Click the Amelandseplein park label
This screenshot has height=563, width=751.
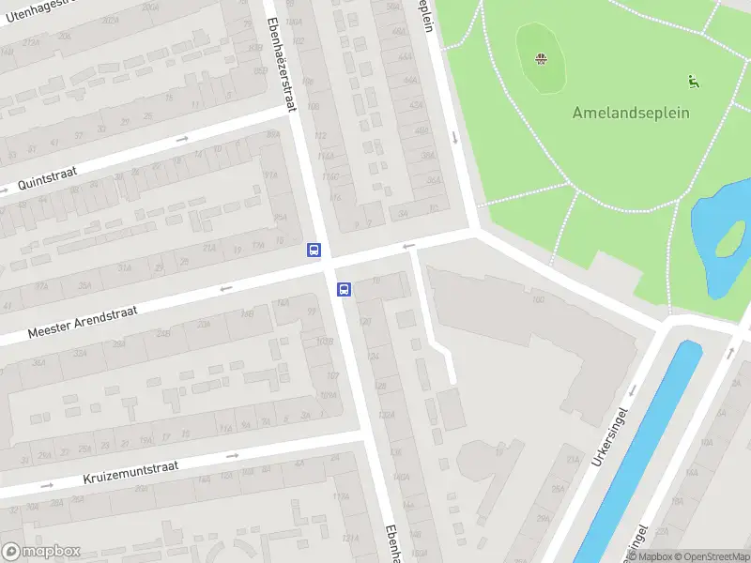click(x=631, y=113)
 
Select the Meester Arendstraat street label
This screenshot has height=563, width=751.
click(x=83, y=321)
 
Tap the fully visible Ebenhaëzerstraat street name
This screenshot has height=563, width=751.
click(x=282, y=65)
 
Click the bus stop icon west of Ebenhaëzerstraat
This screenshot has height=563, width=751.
click(x=314, y=250)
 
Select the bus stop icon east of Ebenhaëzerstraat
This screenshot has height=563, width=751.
click(x=345, y=290)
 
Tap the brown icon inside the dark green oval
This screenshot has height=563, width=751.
click(x=541, y=60)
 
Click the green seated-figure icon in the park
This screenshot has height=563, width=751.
click(x=694, y=82)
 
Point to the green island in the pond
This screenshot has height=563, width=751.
click(x=729, y=240)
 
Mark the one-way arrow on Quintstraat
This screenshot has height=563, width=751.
click(x=183, y=139)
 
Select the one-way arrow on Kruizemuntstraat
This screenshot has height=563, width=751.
click(x=233, y=456)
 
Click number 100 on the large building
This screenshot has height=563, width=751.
click(x=538, y=300)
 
